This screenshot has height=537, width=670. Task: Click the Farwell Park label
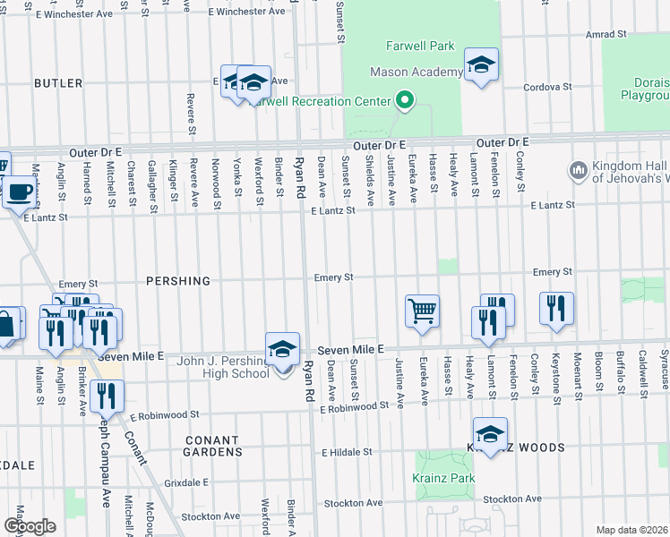click(420, 47)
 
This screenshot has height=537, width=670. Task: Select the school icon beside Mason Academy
click(481, 65)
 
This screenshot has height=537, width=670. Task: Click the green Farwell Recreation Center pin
click(404, 99)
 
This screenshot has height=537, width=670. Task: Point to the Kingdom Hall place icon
click(578, 169)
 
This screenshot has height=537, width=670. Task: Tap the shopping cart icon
click(422, 311)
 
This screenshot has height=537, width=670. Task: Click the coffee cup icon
click(19, 191)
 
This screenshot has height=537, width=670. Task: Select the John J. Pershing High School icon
click(282, 349)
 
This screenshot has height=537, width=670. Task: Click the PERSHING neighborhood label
click(178, 281)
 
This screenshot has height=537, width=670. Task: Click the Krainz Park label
click(443, 479)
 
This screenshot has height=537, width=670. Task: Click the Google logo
click(30, 525)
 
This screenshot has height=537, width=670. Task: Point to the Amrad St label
click(606, 34)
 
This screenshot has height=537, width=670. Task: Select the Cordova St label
click(547, 87)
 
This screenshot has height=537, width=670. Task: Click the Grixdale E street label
click(187, 482)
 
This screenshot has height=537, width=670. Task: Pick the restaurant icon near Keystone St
click(556, 309)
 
